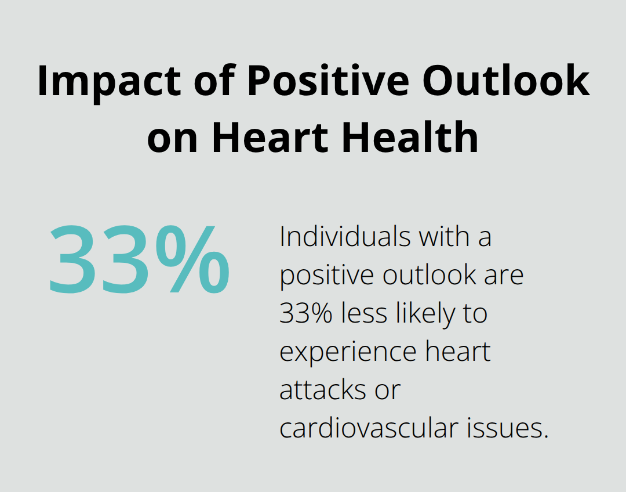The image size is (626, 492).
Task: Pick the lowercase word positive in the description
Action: click(325, 276)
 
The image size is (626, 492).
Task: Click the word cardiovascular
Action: click(369, 428)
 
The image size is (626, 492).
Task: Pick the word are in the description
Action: click(505, 276)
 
